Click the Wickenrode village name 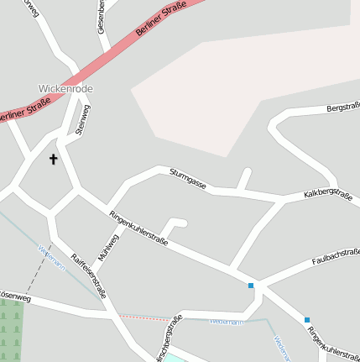65,88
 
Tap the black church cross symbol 53,159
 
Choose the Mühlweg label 108,247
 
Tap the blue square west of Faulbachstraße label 250,286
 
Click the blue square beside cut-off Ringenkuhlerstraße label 307,319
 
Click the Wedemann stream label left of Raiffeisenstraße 52,256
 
